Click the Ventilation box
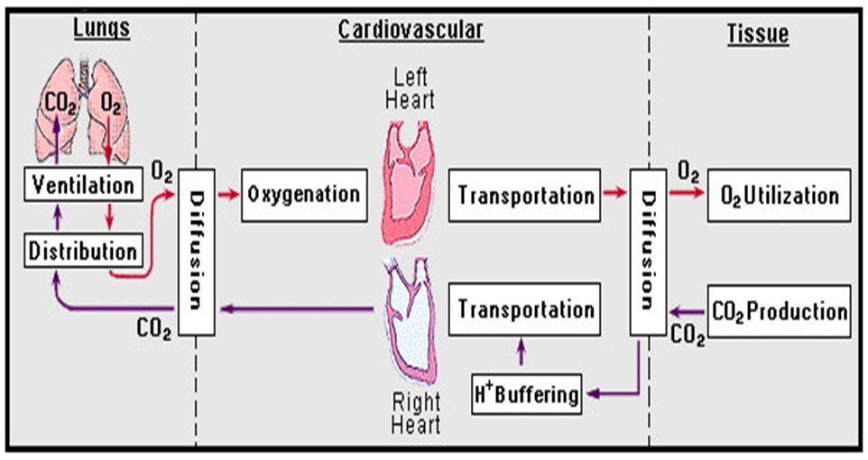click(x=83, y=186)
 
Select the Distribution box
click(x=83, y=250)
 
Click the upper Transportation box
click(x=526, y=195)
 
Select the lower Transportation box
click(x=526, y=309)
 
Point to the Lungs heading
click(x=100, y=29)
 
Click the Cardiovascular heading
click(x=411, y=31)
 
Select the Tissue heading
click(x=758, y=34)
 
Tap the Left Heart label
click(x=410, y=87)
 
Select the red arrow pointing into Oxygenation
click(x=229, y=194)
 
